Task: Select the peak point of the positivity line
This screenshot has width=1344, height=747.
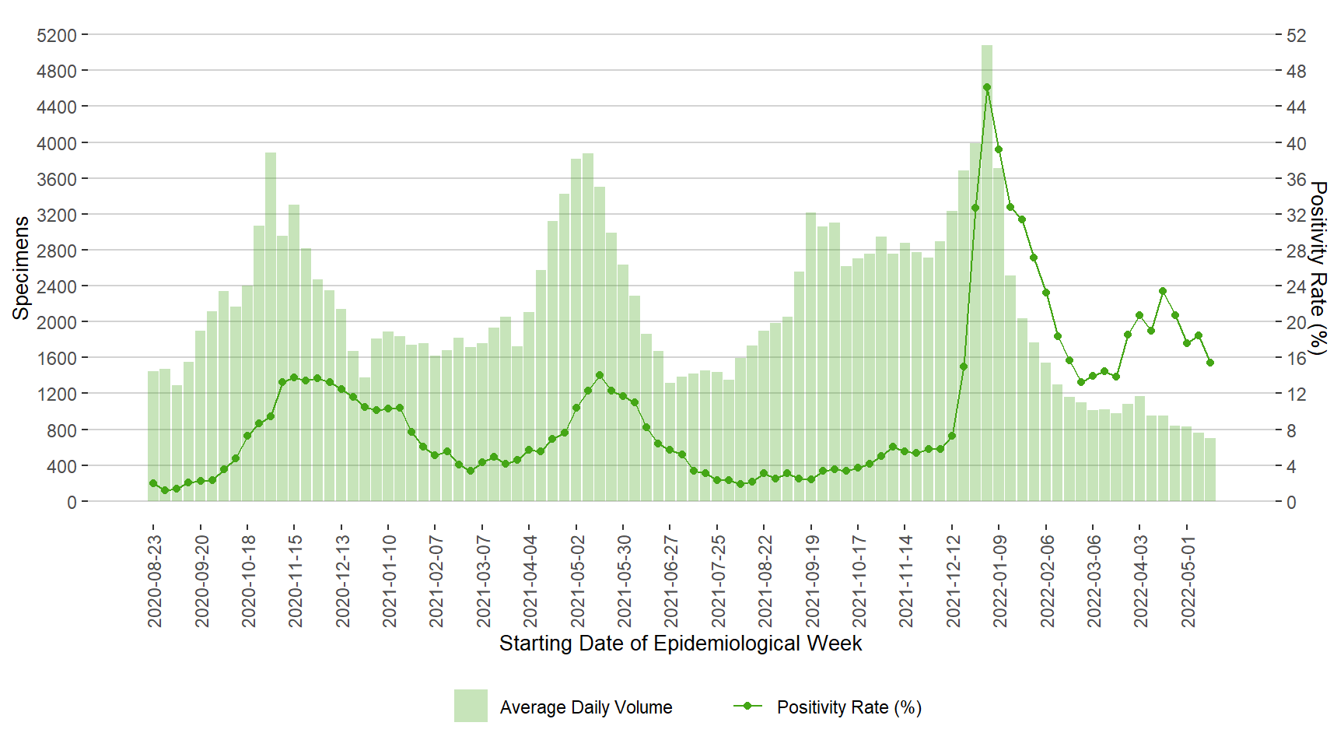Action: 986,87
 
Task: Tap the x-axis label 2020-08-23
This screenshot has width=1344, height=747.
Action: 154,580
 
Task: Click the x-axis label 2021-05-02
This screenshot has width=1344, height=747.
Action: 577,580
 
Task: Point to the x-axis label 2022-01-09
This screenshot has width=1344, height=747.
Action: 999,580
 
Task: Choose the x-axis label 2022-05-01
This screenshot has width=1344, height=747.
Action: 1188,580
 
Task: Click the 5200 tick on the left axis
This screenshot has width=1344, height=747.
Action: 57,35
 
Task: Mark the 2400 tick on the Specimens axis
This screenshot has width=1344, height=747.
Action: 57,286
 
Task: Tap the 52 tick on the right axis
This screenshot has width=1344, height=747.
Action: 1297,35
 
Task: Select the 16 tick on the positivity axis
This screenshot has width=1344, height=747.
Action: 1297,358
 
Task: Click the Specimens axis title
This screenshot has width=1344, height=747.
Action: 21,268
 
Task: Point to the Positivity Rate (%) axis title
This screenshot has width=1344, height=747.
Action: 1318,268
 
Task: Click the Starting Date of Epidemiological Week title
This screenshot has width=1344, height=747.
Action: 681,644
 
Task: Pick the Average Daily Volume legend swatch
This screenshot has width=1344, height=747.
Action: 471,706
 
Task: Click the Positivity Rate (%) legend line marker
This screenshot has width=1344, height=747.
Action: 747,706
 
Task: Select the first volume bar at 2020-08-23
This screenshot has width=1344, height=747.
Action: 153,436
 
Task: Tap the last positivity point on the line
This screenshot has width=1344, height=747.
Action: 1210,363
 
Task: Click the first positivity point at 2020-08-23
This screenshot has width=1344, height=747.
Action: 153,483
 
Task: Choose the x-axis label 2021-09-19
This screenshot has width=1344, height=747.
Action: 812,580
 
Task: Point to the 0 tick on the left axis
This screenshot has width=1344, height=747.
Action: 72,502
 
